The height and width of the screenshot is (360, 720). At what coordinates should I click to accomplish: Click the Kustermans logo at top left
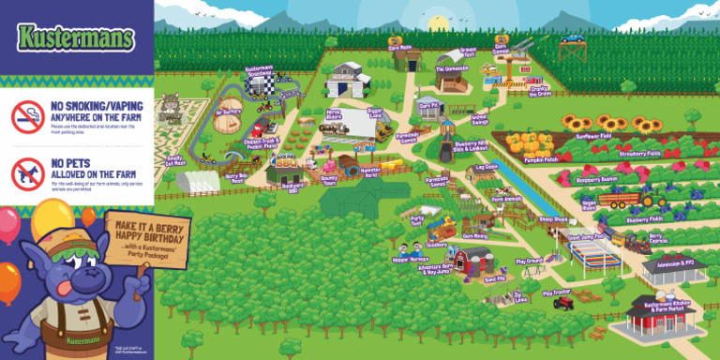76,37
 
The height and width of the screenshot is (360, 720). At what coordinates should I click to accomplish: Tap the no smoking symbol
27,116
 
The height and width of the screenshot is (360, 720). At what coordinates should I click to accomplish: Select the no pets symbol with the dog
27,173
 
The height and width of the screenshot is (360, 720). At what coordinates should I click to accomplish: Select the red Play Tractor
562,303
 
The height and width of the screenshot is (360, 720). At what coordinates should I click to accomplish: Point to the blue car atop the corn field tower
574,39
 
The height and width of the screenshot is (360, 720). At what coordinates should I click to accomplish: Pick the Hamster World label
367,173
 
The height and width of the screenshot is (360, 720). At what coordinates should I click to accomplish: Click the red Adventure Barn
475,259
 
